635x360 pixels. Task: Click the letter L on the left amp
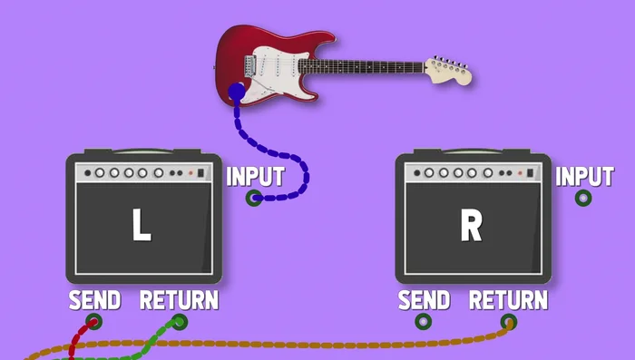pos(141,227)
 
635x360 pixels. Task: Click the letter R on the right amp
pos(470,227)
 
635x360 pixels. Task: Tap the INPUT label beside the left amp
pos(255,176)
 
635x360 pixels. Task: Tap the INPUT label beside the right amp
pos(584,176)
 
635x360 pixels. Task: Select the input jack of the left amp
pos(254,198)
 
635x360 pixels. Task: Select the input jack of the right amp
pos(583,198)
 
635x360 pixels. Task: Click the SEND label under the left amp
pos(94,300)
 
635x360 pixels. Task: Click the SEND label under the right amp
pos(424,300)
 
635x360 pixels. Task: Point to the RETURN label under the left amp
pos(179,300)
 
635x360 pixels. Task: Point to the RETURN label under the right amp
pos(508,300)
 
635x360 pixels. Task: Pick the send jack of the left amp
pos(93,321)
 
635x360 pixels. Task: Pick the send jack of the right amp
pos(424,321)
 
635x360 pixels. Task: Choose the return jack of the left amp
pos(180,321)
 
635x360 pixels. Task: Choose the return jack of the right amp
pos(509,321)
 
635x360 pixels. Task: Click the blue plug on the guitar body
pos(236,92)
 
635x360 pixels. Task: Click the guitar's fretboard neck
pos(363,66)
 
